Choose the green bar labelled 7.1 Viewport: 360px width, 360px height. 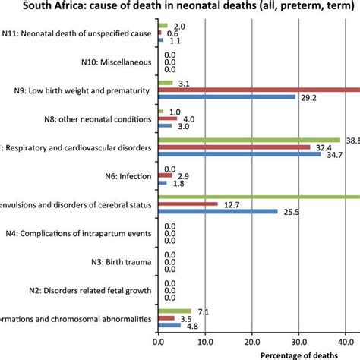[x=174, y=311]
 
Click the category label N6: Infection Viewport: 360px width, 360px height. [x=128, y=175]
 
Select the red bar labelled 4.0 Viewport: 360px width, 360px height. [x=167, y=118]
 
